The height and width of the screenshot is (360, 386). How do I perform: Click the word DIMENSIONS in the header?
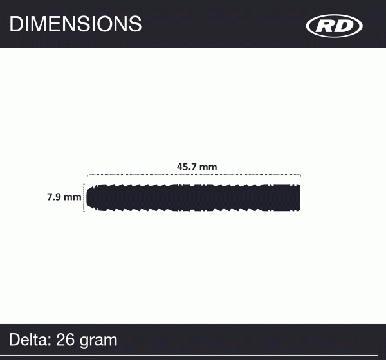(x=75, y=24)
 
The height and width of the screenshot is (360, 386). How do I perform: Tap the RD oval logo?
(x=335, y=26)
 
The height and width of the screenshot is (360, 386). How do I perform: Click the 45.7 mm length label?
(x=197, y=166)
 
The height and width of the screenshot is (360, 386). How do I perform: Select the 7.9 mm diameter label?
(x=64, y=197)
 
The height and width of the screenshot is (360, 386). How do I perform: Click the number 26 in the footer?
(x=66, y=339)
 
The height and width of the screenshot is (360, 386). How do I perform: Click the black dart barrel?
(x=193, y=197)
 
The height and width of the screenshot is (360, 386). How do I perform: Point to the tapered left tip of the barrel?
(x=91, y=197)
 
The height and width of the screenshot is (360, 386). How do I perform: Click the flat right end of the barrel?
(x=299, y=197)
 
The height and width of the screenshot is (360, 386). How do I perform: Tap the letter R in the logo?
(x=326, y=26)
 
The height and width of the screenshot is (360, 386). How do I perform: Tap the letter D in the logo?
(x=344, y=26)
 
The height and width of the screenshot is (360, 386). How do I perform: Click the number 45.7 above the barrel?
(x=188, y=166)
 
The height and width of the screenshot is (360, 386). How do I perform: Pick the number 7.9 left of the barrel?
(x=54, y=197)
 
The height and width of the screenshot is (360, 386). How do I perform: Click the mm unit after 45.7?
(x=208, y=166)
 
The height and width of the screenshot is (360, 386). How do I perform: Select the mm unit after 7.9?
(x=73, y=197)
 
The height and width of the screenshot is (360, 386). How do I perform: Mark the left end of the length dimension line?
(x=88, y=174)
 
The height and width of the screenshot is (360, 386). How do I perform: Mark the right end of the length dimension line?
(x=300, y=174)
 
